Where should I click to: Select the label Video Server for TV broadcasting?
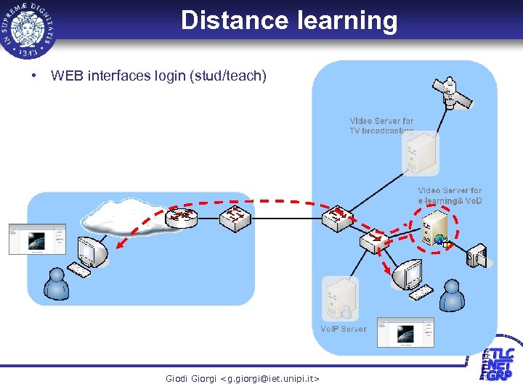(x=381, y=126)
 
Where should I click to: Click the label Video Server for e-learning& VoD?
(x=450, y=195)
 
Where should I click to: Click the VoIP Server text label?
(x=344, y=329)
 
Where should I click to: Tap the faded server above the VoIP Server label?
(x=340, y=298)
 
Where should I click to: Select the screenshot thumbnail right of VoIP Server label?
(x=405, y=332)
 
